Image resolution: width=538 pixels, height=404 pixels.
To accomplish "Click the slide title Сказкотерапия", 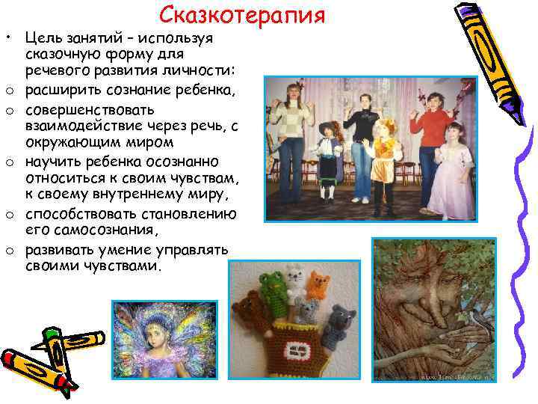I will [x=243, y=15].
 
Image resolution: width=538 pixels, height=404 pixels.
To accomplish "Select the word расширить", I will [x=61, y=91].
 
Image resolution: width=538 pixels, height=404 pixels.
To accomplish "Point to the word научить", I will [x=53, y=164].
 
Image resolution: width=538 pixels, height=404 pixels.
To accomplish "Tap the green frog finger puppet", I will [x=272, y=283].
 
